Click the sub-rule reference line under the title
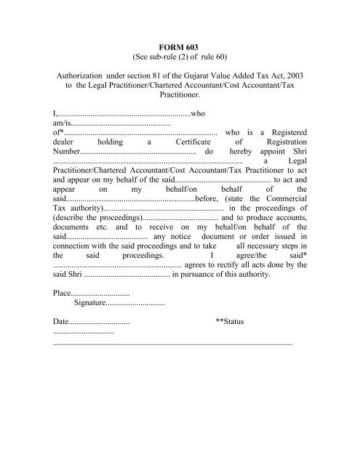[x=180, y=57]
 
